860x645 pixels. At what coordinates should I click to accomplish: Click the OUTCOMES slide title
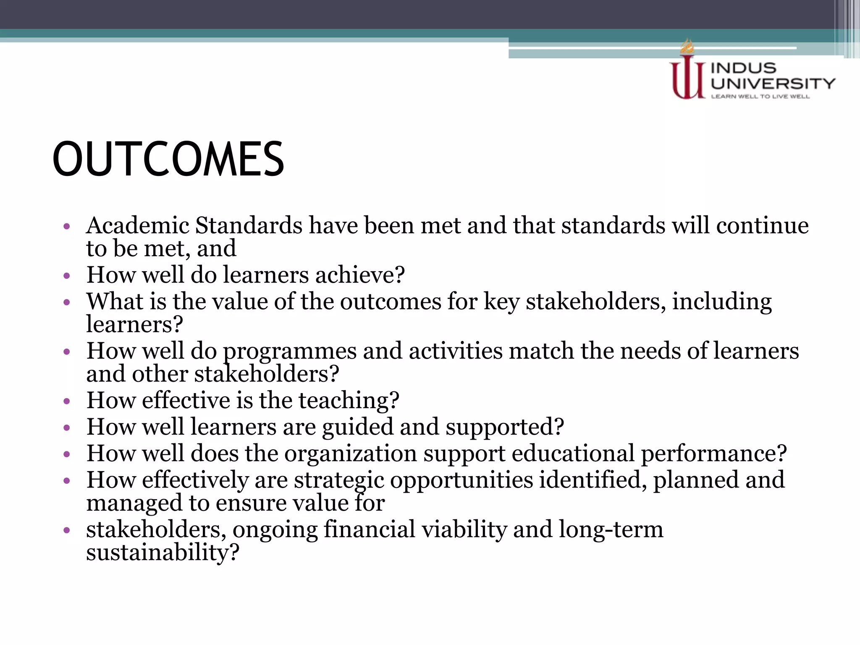(x=168, y=159)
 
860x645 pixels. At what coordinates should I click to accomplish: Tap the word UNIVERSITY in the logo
(x=773, y=84)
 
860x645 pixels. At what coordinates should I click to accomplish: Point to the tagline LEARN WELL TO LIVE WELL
(x=760, y=97)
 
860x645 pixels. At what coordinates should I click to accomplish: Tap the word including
(x=722, y=302)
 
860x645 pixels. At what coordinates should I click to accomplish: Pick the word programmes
(x=289, y=351)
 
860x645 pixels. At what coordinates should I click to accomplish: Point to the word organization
(x=351, y=454)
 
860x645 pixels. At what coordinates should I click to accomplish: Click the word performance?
(x=713, y=454)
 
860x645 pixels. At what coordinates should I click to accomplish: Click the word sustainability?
(x=163, y=552)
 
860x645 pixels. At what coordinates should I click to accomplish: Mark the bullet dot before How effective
(x=66, y=402)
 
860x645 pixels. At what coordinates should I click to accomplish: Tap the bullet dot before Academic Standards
(x=66, y=227)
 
